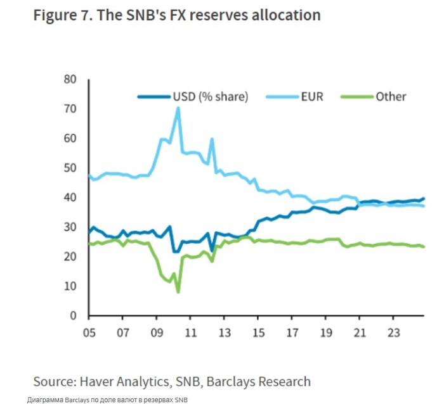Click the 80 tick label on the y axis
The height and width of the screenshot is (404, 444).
(x=70, y=79)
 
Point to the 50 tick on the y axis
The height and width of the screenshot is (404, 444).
(x=70, y=168)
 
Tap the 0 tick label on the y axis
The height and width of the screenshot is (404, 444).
(x=73, y=315)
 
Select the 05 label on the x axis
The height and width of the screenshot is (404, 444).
(x=88, y=331)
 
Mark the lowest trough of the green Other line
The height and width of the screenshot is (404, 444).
(x=178, y=292)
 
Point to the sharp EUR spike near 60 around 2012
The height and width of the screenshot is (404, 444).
(x=212, y=139)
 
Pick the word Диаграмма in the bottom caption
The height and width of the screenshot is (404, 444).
(x=45, y=400)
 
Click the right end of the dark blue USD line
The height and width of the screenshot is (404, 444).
(x=424, y=199)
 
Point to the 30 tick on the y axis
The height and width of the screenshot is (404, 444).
(x=70, y=227)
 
